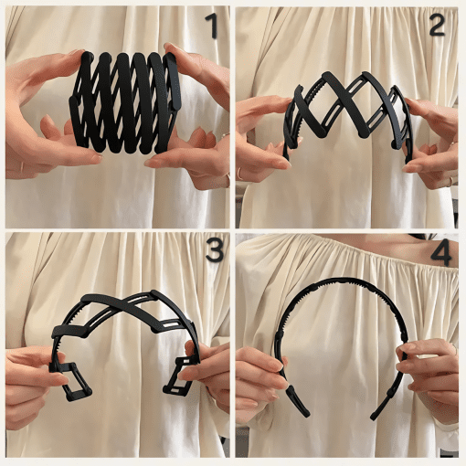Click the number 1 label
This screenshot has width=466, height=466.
(212, 26)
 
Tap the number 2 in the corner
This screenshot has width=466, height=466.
(438, 26)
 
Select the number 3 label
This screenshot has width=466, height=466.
(215, 249)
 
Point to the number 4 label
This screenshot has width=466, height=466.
(441, 252)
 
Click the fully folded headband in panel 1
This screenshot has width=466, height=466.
(125, 103)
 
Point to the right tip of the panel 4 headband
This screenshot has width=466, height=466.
(373, 417)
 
